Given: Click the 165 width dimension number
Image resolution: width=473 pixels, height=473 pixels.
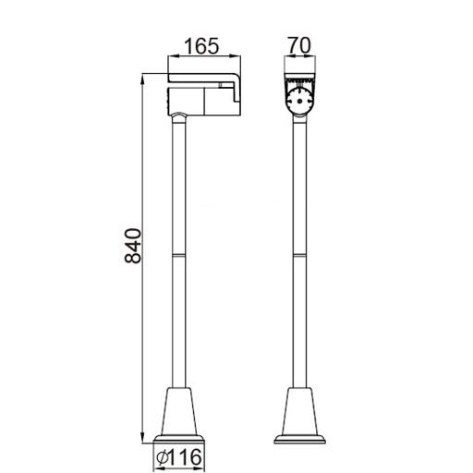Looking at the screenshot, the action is pyautogui.click(x=201, y=45).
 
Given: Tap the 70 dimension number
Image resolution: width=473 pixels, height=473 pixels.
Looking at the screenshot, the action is pyautogui.click(x=299, y=45).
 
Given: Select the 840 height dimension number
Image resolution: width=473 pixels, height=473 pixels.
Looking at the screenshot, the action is pyautogui.click(x=133, y=246).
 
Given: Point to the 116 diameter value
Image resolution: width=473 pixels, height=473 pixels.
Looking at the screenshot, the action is pyautogui.click(x=187, y=457).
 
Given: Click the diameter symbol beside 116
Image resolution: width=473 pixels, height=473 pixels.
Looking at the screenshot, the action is pyautogui.click(x=163, y=457).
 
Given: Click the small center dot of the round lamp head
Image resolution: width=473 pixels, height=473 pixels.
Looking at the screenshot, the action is pyautogui.click(x=299, y=101).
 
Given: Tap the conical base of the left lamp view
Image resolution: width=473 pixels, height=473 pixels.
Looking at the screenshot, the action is pyautogui.click(x=179, y=411).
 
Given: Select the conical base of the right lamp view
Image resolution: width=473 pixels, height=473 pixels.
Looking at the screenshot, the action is pyautogui.click(x=299, y=411).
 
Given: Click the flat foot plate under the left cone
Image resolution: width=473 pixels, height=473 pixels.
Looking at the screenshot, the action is pyautogui.click(x=179, y=440).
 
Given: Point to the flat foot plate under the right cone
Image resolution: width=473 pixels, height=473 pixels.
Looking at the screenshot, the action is pyautogui.click(x=299, y=440).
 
